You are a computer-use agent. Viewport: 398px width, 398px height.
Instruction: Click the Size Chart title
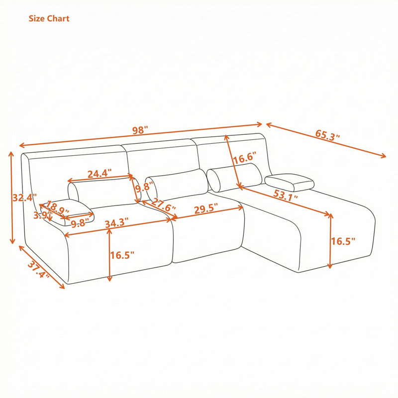(49, 18)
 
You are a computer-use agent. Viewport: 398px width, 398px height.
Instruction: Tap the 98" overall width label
(140, 130)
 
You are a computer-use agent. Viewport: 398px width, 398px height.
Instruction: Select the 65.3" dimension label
(327, 135)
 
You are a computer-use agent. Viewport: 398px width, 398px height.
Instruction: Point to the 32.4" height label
(24, 197)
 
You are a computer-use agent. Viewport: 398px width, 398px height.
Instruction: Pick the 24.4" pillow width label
(99, 174)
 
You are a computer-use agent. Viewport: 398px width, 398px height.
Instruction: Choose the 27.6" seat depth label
(164, 205)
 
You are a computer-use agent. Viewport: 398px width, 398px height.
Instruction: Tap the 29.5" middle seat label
(206, 210)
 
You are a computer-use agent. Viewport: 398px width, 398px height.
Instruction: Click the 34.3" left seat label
(117, 223)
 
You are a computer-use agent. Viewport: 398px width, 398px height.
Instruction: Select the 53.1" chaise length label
(286, 196)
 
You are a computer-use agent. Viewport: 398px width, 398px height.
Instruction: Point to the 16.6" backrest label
(245, 158)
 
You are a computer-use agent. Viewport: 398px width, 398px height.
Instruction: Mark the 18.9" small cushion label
(57, 207)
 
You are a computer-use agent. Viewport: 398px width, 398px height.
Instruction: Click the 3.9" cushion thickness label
(42, 215)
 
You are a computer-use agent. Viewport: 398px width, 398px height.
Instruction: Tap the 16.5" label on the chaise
(343, 241)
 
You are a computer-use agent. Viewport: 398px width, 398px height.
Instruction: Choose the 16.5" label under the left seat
(122, 255)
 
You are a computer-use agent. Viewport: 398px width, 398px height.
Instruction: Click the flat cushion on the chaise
(290, 182)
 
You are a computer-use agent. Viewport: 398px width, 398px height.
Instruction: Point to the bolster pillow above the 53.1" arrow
(234, 177)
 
